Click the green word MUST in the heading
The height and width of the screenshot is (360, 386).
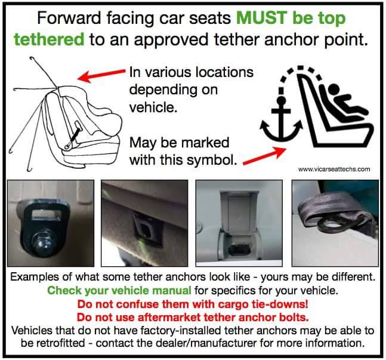(x=261, y=18)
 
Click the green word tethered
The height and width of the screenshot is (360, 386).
(x=49, y=39)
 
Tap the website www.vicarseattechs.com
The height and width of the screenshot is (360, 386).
(x=334, y=170)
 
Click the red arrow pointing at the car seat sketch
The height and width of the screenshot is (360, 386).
(x=101, y=75)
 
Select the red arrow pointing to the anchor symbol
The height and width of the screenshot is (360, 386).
(x=264, y=156)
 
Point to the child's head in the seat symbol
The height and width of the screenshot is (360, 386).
(x=334, y=89)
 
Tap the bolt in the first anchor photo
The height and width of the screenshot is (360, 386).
(x=44, y=245)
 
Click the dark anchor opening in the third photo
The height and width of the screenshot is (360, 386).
(x=239, y=250)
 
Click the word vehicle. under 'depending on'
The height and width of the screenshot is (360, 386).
(x=153, y=107)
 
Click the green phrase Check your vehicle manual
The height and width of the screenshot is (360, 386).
(x=119, y=291)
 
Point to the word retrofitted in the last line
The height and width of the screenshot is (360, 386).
(x=53, y=343)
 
